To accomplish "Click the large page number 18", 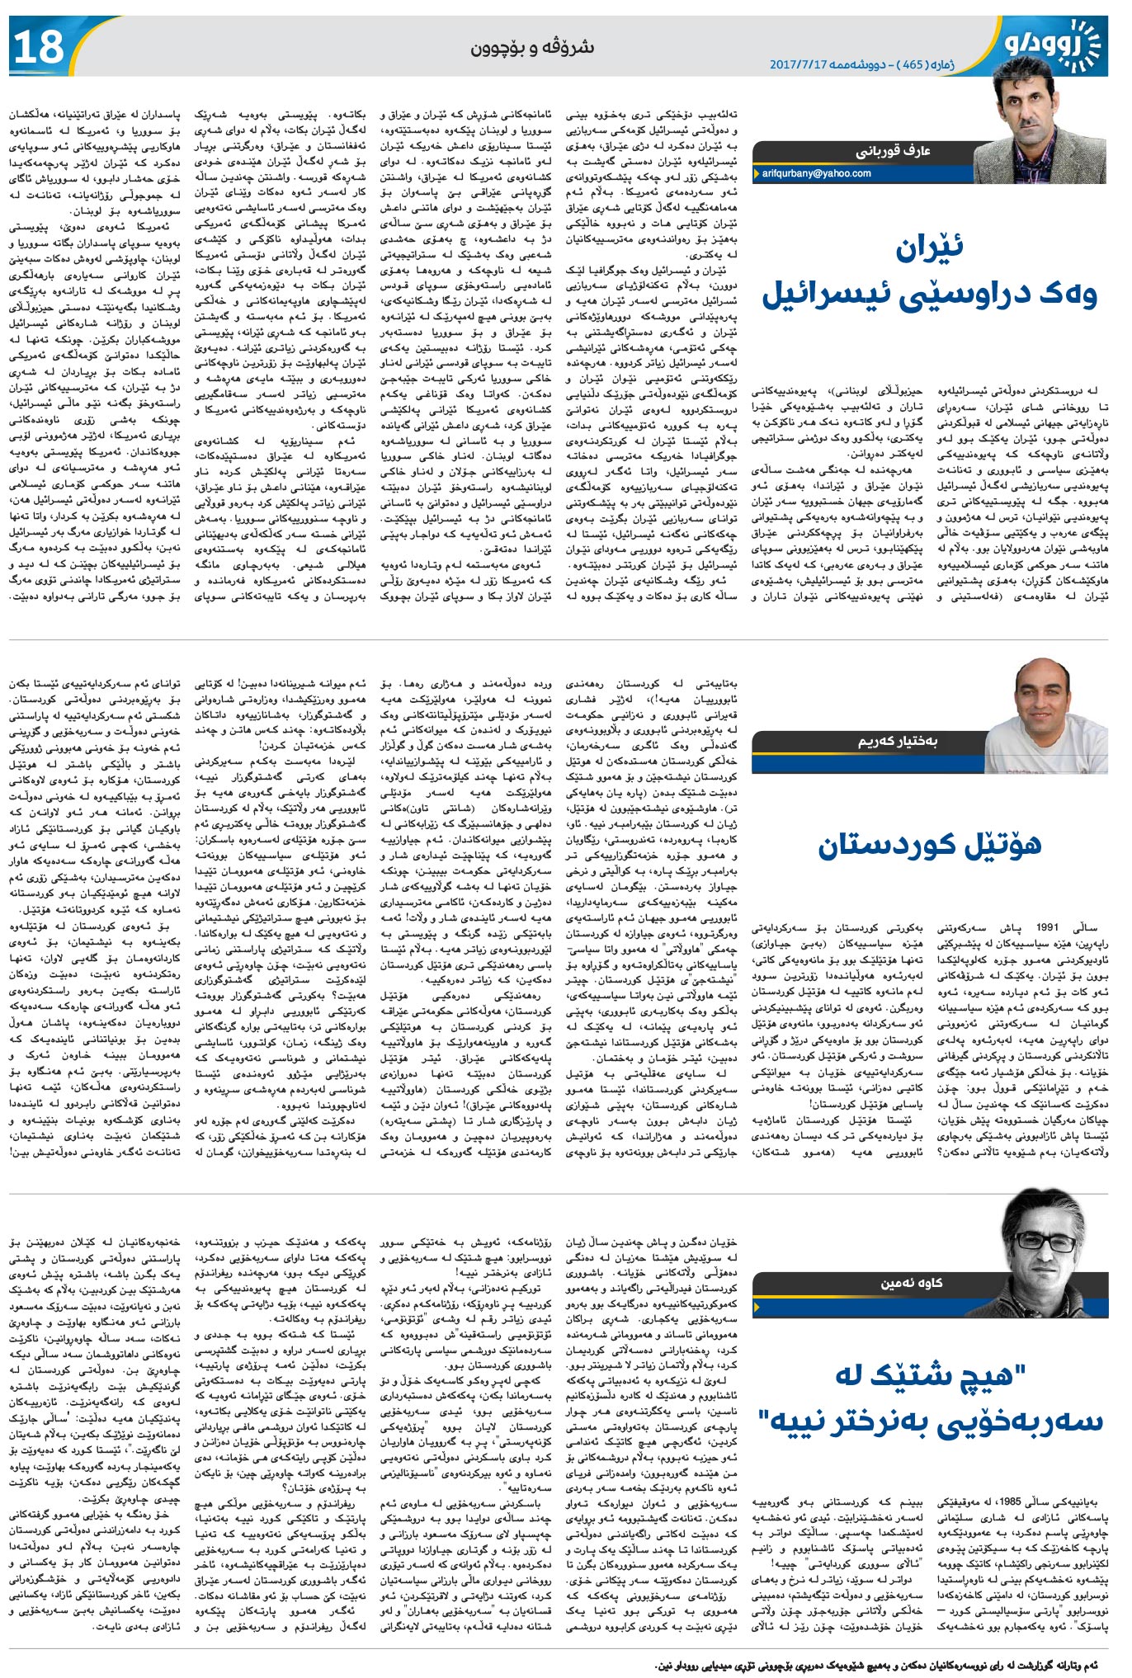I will coord(39,47).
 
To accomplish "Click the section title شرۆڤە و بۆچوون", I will coord(532,47).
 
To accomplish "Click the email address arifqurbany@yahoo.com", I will coord(816,174).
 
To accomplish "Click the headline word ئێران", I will coord(928,248).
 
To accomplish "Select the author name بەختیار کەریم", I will coord(897,742).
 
